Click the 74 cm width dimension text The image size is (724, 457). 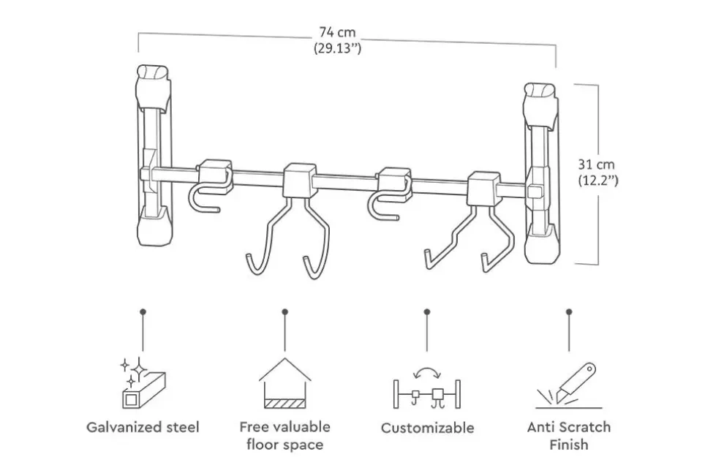[337, 33]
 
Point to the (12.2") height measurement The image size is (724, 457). [598, 180]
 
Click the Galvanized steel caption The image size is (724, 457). [143, 427]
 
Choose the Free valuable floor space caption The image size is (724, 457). [284, 435]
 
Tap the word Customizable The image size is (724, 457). [427, 428]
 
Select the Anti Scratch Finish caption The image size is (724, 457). [569, 435]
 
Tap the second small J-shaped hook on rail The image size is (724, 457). [388, 194]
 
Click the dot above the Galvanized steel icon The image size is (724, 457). [142, 311]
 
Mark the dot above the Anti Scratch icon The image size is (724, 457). [569, 311]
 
